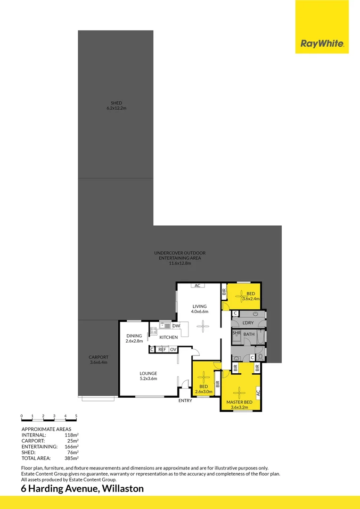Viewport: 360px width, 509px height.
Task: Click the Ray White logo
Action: click(322, 44)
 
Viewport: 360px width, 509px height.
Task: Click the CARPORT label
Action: click(98, 357)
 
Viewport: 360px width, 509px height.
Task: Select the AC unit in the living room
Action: click(197, 286)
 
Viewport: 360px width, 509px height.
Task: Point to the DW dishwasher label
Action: click(175, 326)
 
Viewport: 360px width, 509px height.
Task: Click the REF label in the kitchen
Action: click(162, 349)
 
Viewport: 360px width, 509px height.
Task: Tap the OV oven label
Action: click(173, 349)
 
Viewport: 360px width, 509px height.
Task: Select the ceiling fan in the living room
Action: click(204, 325)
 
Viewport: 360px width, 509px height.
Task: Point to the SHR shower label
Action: click(237, 334)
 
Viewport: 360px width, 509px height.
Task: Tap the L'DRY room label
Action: click(248, 322)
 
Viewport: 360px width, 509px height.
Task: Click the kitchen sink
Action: click(165, 325)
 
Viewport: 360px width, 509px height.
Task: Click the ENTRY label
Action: click(185, 401)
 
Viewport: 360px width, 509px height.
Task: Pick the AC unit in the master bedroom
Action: click(258, 392)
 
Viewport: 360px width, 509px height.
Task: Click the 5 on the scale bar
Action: click(76, 416)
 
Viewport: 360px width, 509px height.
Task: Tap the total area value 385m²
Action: click(71, 458)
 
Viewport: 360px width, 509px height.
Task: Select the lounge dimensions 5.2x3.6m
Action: click(148, 378)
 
